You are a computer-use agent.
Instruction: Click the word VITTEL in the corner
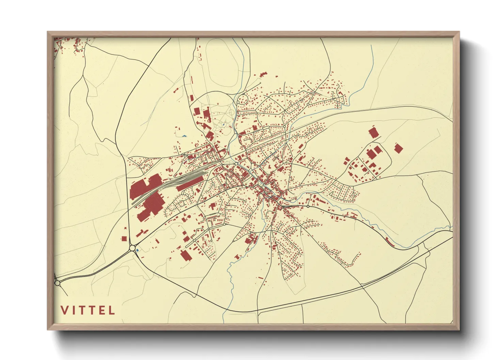pyautogui.click(x=88, y=310)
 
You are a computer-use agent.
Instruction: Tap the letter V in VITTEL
pyautogui.click(x=64, y=310)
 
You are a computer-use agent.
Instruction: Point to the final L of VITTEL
pyautogui.click(x=112, y=310)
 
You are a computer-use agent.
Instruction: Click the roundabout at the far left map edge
pyautogui.click(x=57, y=283)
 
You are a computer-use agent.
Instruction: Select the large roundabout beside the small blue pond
pyautogui.click(x=132, y=248)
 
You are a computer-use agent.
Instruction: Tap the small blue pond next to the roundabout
pyautogui.click(x=137, y=251)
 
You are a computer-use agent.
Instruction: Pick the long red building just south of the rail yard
pyautogui.click(x=189, y=184)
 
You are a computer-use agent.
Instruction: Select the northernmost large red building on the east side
pyautogui.click(x=374, y=132)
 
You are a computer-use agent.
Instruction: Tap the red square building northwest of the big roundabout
pyautogui.click(x=124, y=238)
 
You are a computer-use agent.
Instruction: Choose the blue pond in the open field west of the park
pyautogui.click(x=184, y=136)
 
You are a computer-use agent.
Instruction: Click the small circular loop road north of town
pyautogui.click(x=243, y=100)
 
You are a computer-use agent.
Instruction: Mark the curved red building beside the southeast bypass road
pyautogui.click(x=390, y=242)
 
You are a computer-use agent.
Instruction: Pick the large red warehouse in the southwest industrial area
pyautogui.click(x=185, y=255)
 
